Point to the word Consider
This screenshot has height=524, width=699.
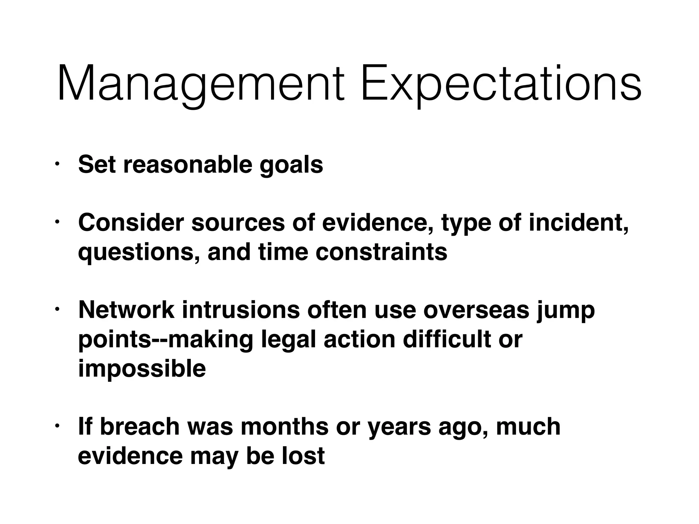pos(131,223)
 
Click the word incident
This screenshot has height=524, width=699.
pos(578,223)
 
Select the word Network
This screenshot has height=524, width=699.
pos(126,310)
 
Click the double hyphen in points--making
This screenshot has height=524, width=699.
pos(160,340)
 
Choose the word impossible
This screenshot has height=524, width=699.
pos(142,369)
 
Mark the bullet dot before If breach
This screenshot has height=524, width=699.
pos(57,426)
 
